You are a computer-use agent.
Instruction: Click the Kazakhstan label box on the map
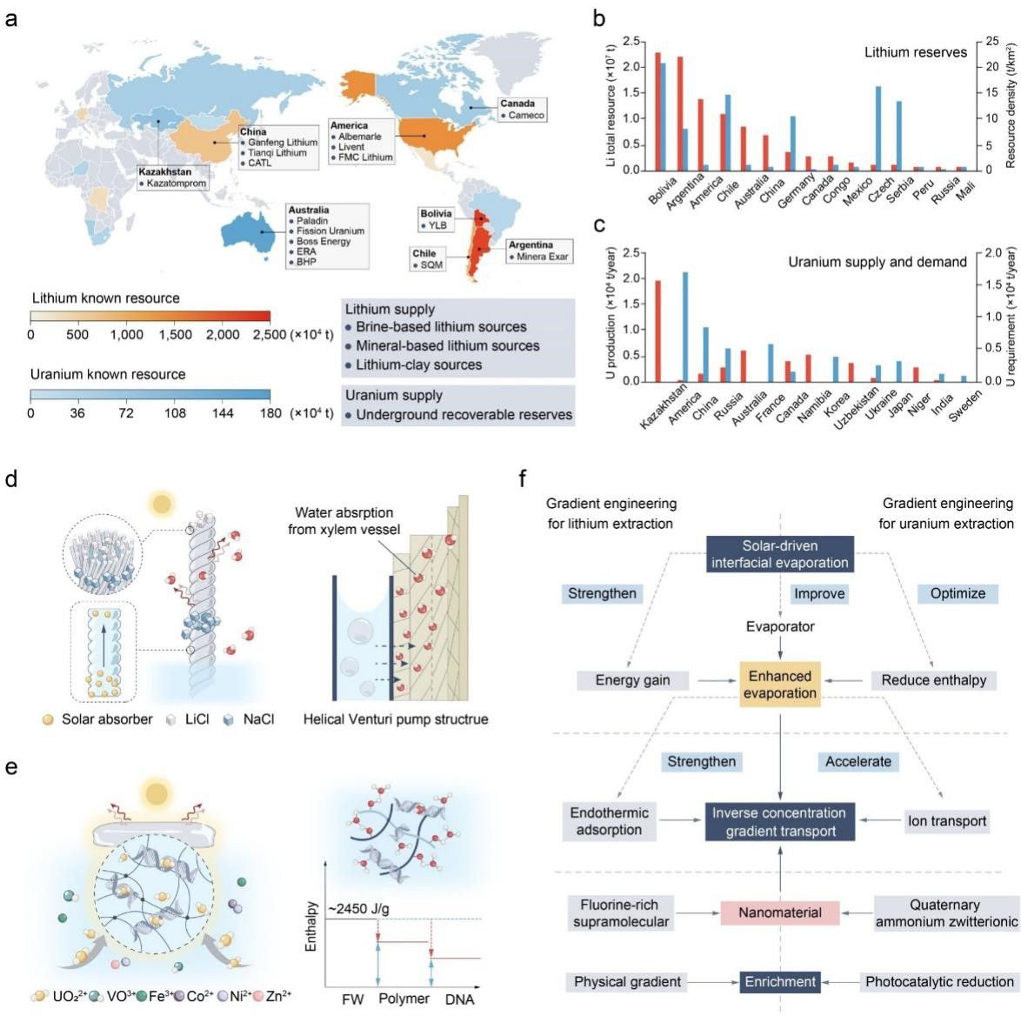pyautogui.click(x=172, y=177)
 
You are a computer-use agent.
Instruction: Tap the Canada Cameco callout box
pyautogui.click(x=522, y=110)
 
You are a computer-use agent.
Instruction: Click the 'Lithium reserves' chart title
pyautogui.click(x=915, y=52)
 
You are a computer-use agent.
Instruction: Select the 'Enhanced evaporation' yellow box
pyautogui.click(x=780, y=684)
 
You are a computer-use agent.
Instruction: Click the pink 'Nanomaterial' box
pyautogui.click(x=780, y=912)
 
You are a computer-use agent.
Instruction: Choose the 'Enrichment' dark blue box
pyautogui.click(x=780, y=982)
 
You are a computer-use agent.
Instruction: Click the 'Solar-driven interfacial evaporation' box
pyautogui.click(x=780, y=553)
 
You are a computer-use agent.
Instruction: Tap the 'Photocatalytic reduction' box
pyautogui.click(x=939, y=982)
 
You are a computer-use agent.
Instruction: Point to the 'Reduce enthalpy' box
pyautogui.click(x=933, y=680)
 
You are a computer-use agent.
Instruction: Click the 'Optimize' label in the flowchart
pyautogui.click(x=958, y=593)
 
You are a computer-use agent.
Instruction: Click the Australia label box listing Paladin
pyautogui.click(x=327, y=236)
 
